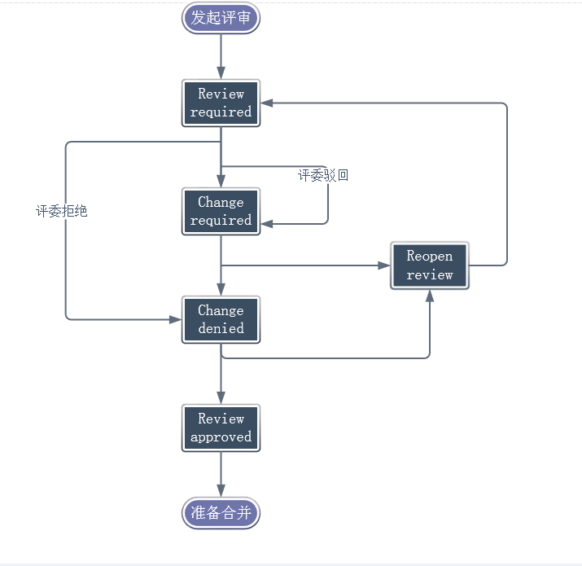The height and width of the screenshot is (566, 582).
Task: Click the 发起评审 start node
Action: pyautogui.click(x=221, y=18)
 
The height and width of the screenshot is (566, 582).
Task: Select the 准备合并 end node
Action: pyautogui.click(x=221, y=512)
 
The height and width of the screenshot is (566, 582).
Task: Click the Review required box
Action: pyautogui.click(x=221, y=103)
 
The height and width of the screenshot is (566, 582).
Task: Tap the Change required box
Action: pyautogui.click(x=221, y=212)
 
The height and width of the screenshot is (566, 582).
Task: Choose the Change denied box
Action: pyautogui.click(x=221, y=320)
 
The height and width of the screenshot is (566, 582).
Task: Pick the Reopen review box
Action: pyautogui.click(x=429, y=265)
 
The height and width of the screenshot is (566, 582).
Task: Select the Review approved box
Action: pyautogui.click(x=221, y=428)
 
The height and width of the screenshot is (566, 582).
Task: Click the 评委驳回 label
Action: pyautogui.click(x=323, y=175)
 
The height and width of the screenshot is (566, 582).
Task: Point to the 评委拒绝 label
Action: pyautogui.click(x=61, y=211)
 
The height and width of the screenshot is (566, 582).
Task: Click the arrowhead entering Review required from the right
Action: pyautogui.click(x=268, y=103)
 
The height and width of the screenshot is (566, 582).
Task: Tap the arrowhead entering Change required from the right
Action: pyautogui.click(x=268, y=223)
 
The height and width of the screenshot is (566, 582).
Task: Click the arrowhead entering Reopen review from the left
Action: pyautogui.click(x=383, y=265)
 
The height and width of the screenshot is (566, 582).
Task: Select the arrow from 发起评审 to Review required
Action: pyautogui.click(x=221, y=57)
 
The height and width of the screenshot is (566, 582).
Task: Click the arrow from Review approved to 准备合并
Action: pyautogui.click(x=221, y=474)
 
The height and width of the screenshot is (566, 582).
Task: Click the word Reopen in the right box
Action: pyautogui.click(x=429, y=257)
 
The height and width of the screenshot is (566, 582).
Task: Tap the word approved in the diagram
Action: pyautogui.click(x=221, y=437)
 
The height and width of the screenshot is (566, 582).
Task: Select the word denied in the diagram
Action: pyautogui.click(x=221, y=329)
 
